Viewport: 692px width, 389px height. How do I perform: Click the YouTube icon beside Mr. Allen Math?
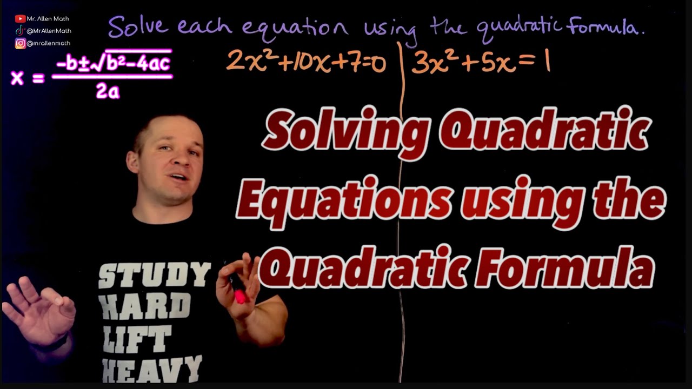(x=21, y=19)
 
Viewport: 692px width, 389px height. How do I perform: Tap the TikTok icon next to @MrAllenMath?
(x=20, y=31)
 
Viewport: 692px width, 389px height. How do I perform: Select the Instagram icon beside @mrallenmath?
(x=20, y=43)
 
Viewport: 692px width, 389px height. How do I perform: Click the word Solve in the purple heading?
(x=138, y=28)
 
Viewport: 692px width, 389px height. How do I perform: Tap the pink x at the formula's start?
(x=17, y=78)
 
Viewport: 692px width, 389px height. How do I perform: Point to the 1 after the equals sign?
(x=547, y=63)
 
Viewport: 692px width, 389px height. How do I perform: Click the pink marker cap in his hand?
(x=240, y=296)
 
